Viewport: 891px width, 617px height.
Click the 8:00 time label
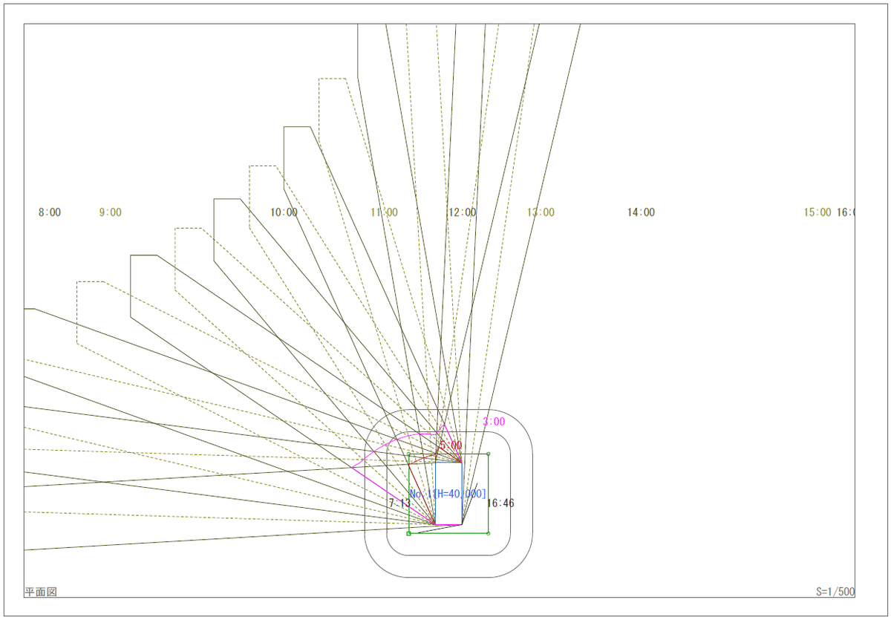(x=50, y=212)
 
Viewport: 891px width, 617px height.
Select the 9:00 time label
(x=110, y=212)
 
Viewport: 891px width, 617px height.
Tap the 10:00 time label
(x=284, y=212)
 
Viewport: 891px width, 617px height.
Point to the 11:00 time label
(x=384, y=212)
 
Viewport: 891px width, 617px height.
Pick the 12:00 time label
(x=462, y=212)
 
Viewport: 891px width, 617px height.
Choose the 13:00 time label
(x=541, y=212)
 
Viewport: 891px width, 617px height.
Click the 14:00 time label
(x=641, y=212)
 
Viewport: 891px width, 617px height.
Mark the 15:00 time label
(x=817, y=212)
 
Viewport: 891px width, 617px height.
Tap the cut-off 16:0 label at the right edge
(x=846, y=212)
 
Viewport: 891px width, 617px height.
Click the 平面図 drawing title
(x=41, y=592)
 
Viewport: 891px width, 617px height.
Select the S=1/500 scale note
(x=835, y=592)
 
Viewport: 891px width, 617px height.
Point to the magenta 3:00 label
(x=494, y=422)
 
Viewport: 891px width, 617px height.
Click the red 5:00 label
(x=450, y=445)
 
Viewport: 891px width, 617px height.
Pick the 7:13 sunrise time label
(x=399, y=503)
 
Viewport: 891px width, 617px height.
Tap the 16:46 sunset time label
(x=500, y=503)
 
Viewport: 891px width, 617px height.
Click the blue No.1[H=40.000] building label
(x=448, y=494)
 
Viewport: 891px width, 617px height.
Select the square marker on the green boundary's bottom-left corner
(x=409, y=533)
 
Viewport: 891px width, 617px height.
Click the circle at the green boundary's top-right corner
(x=488, y=454)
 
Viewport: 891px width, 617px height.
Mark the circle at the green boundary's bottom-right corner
(x=488, y=533)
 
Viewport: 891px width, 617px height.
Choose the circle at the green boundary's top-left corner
(x=409, y=454)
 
